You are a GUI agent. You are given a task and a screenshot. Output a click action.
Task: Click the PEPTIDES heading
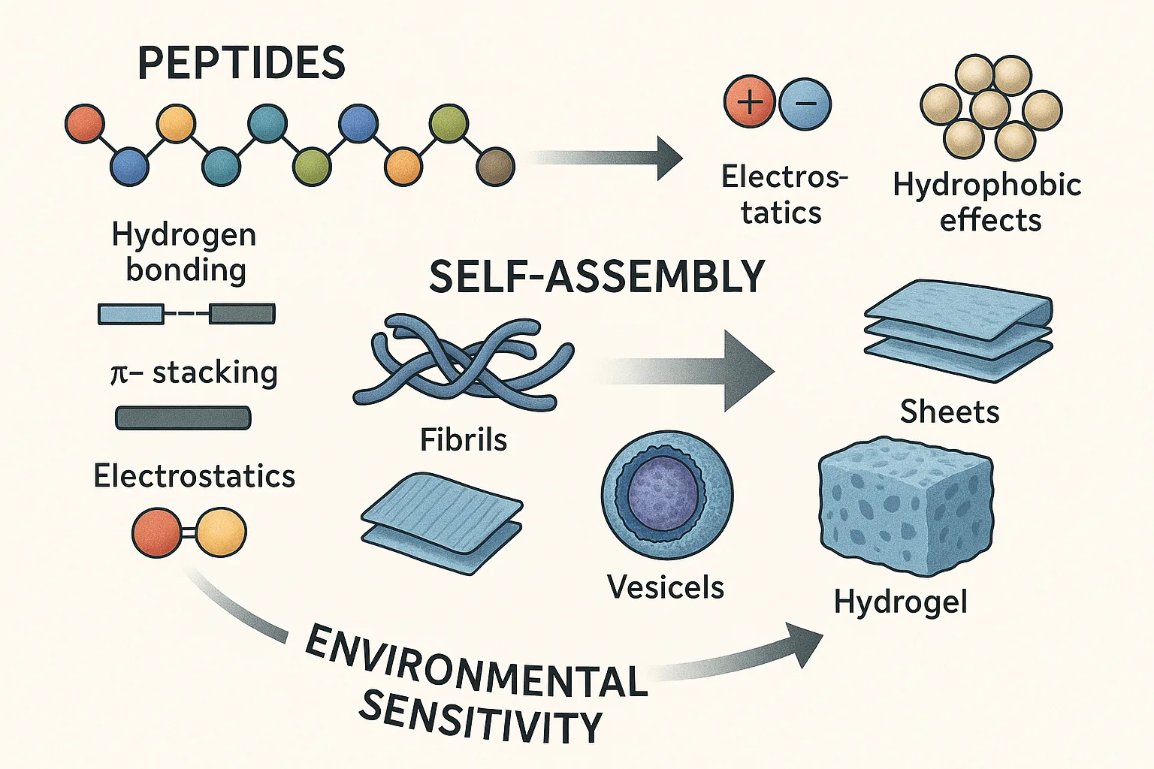241,63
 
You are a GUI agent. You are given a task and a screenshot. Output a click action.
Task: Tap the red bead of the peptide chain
84,124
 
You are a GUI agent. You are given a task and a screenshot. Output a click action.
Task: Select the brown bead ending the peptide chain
495,166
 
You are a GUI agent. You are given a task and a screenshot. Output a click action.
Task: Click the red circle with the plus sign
749,103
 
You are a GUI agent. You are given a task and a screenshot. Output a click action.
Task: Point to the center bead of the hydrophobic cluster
990,108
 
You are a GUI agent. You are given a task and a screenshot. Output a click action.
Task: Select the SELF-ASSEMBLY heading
597,277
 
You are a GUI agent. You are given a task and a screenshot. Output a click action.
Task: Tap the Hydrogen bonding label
185,252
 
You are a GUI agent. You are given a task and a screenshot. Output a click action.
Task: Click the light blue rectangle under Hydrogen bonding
131,314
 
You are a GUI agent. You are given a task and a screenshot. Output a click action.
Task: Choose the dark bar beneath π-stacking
183,418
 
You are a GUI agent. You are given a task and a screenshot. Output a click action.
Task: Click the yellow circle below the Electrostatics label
221,532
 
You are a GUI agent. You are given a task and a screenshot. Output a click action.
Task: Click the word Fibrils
463,440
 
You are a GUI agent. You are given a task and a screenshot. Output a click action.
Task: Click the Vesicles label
665,587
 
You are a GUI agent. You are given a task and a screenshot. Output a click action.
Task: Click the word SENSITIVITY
480,716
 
